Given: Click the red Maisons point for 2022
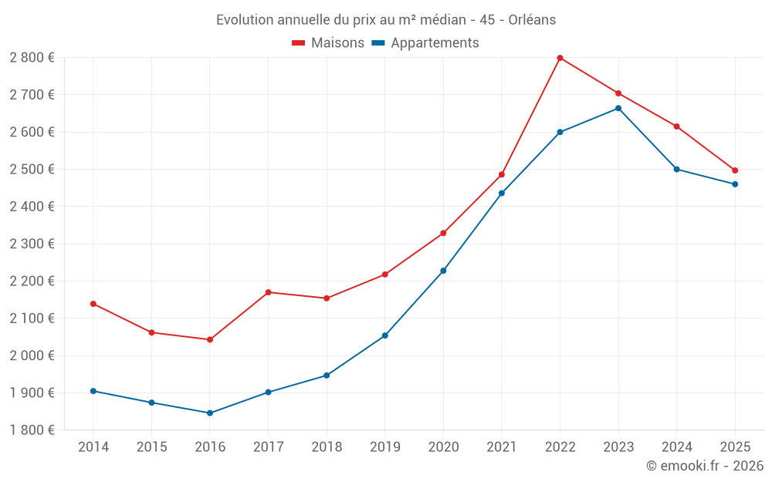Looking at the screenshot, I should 560,58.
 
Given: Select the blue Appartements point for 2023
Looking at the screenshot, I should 618,109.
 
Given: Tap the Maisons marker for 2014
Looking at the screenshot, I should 93,304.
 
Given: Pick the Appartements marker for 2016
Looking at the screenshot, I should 210,413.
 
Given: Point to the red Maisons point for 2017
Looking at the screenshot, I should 268,292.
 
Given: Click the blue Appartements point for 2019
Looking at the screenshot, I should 385,335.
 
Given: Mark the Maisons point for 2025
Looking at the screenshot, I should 735,170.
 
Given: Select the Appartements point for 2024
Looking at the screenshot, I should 677,169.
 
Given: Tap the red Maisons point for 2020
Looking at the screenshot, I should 443,233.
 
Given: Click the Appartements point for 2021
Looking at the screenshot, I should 502,194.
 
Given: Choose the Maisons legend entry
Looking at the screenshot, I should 328,43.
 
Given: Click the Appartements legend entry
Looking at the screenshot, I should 425,43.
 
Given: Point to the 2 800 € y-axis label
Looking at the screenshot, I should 32,58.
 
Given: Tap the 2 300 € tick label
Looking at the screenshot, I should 32,244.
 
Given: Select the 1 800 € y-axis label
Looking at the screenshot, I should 32,430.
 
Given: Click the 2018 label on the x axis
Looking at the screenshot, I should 327,447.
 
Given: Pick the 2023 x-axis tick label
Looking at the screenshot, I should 618,447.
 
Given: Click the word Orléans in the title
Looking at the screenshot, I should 532,20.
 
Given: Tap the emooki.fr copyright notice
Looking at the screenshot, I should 704,466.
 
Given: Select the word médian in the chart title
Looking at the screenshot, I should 441,20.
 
